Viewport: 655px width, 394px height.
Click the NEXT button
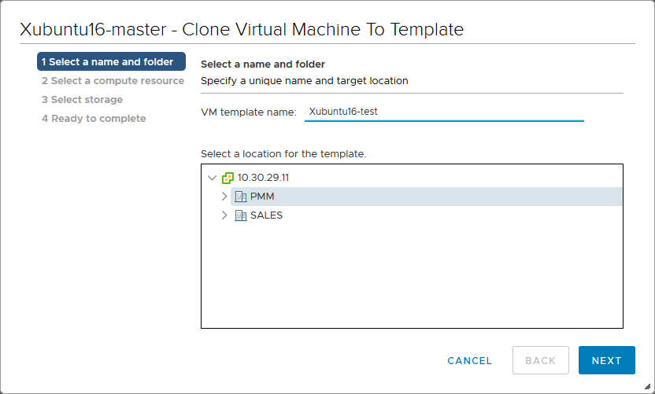pos(606,360)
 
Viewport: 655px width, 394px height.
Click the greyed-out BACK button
pos(541,360)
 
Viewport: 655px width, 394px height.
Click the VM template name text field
pos(444,112)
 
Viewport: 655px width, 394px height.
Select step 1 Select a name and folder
pos(111,61)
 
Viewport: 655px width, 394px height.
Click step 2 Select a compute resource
pos(113,80)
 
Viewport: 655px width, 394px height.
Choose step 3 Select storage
pos(83,99)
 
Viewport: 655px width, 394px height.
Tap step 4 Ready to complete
pos(94,119)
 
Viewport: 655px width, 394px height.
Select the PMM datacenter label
pos(262,196)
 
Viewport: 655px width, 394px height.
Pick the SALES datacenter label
pos(267,215)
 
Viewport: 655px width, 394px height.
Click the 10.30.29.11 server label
pos(263,178)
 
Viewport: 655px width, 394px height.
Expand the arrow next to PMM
pos(224,196)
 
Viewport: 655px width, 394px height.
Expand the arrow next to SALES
pos(224,215)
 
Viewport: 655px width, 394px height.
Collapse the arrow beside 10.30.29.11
pos(213,178)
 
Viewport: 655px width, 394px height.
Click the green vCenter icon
pos(228,178)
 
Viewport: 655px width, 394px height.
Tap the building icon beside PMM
pos(241,196)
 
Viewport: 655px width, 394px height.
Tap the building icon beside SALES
pos(241,215)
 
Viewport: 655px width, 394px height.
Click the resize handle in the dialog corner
pos(647,386)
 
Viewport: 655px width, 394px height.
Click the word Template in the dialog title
pos(427,30)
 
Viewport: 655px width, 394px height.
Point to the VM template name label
pos(249,112)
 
